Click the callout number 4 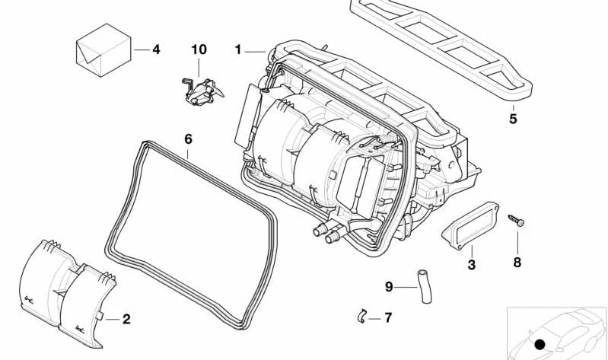156,49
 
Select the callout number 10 199,49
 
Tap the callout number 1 238,49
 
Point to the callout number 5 513,119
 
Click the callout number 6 189,139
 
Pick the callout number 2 126,319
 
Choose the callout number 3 471,265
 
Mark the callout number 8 517,263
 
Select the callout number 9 389,287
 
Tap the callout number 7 388,317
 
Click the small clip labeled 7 363,315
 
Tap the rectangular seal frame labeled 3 470,224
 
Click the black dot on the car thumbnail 540,345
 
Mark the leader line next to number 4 141,49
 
